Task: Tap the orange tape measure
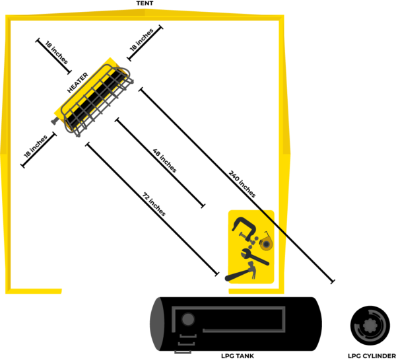pyautogui.click(x=266, y=244)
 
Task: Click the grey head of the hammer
pyautogui.click(x=251, y=268)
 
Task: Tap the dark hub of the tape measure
pyautogui.click(x=266, y=244)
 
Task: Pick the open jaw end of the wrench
pyautogui.click(x=245, y=254)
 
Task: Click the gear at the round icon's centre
pyautogui.click(x=368, y=325)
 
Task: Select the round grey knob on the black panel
pyautogui.click(x=188, y=320)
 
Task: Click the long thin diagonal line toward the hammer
pyautogui.click(x=152, y=211)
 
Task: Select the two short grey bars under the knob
pyautogui.click(x=187, y=341)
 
